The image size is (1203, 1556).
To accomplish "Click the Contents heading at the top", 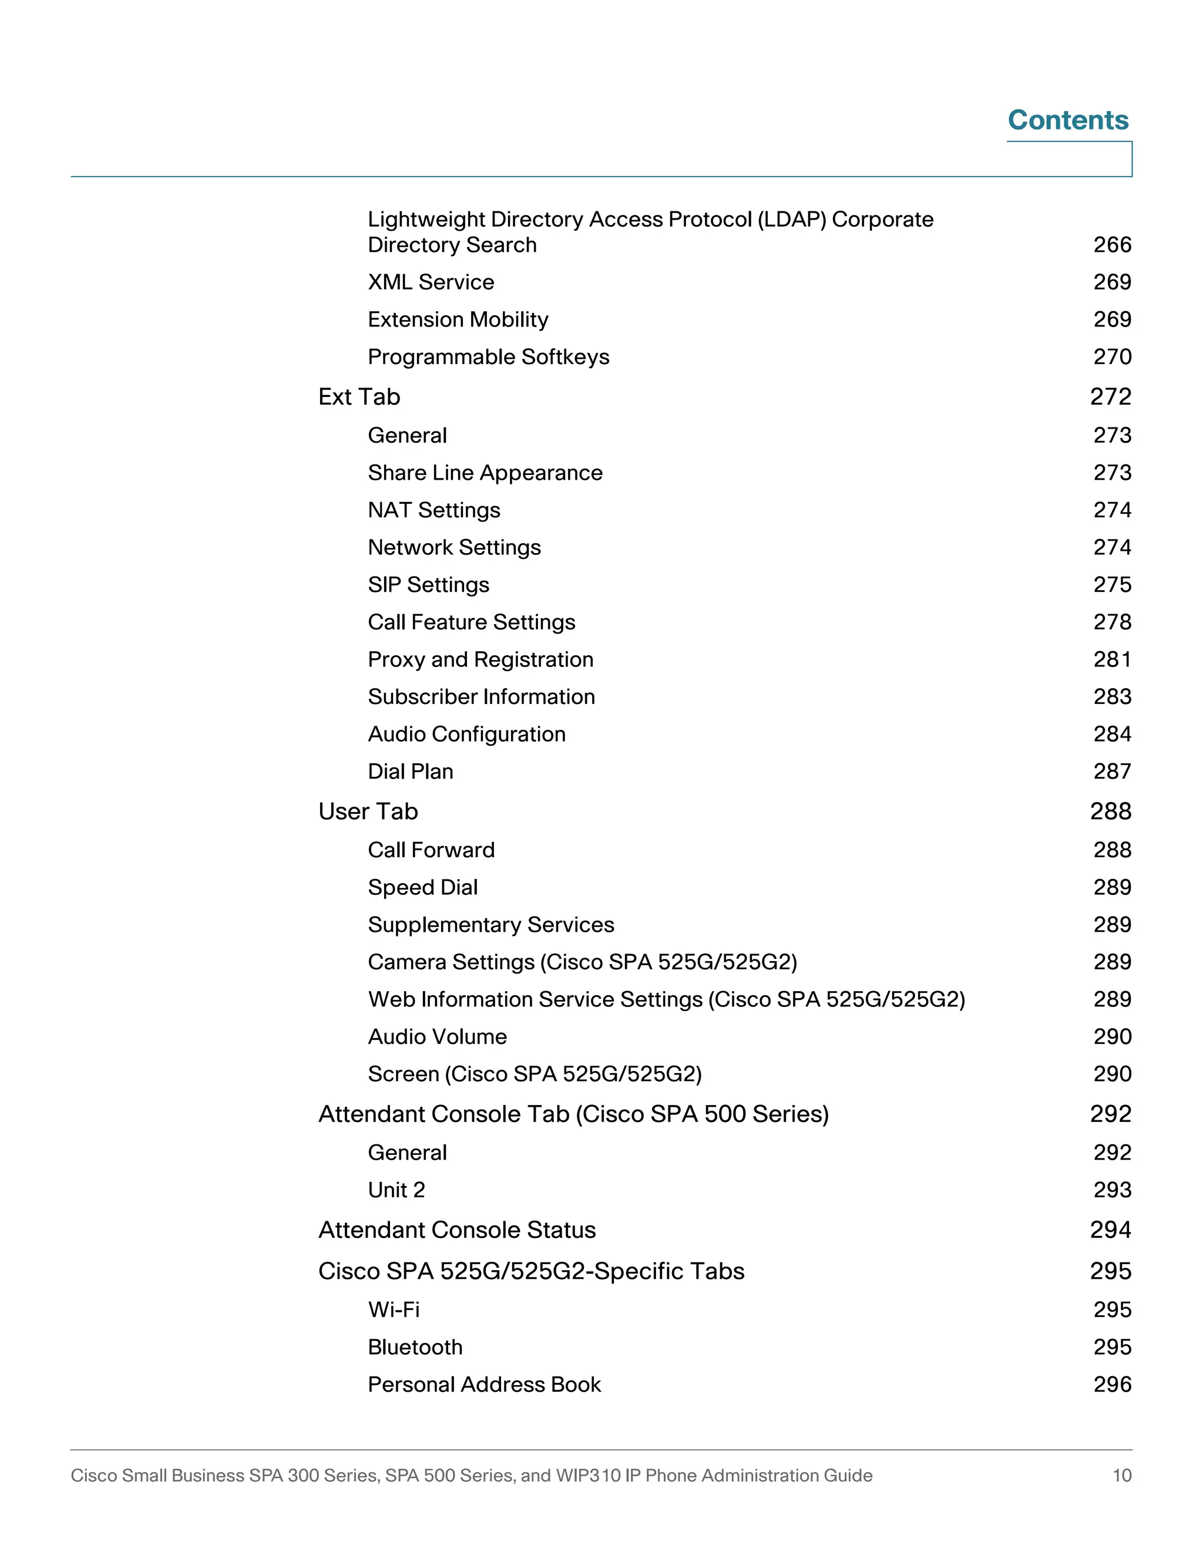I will click(1067, 120).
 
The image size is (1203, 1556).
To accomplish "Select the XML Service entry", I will click(431, 282).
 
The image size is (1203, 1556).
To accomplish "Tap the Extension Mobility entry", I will click(458, 319).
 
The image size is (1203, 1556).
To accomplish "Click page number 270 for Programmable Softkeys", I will click(1112, 357).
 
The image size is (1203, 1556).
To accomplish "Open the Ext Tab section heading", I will click(359, 397).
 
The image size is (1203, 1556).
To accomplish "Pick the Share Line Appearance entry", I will click(485, 473).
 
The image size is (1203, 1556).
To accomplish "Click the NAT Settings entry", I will click(434, 510).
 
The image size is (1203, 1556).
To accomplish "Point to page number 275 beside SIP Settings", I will click(1112, 585).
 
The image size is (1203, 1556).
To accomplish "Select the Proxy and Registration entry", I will click(480, 660).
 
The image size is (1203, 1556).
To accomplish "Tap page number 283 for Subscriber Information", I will click(1112, 697).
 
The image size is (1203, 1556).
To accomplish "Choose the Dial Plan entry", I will click(410, 772).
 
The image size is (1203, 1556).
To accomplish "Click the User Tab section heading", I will click(368, 811).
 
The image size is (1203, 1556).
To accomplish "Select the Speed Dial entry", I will click(422, 888).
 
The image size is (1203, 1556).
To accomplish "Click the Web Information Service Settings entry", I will click(666, 999).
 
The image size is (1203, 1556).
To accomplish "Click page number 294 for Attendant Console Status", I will click(1110, 1230).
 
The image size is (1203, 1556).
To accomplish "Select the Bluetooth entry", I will click(415, 1347).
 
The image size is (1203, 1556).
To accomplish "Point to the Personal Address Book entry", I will click(484, 1385).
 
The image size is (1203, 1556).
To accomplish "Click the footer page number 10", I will click(1122, 1475).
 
